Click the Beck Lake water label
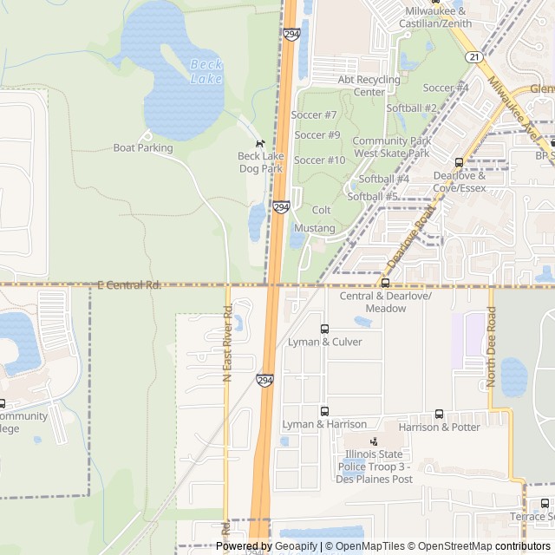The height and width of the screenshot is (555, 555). [206, 71]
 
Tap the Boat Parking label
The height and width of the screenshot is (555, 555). [143, 147]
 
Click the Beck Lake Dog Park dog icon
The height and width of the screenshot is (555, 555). [259, 143]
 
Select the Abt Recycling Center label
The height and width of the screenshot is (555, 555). [369, 85]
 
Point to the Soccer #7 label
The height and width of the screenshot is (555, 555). [314, 114]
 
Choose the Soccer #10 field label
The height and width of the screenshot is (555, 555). [320, 160]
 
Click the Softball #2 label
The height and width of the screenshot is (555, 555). [411, 108]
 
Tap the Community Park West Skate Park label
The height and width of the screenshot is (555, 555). [391, 147]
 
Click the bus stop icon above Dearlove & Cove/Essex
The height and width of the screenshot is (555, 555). [459, 162]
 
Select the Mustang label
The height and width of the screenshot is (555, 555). [314, 228]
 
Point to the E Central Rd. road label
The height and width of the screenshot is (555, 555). [129, 284]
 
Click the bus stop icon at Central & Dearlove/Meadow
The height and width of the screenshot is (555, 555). [385, 283]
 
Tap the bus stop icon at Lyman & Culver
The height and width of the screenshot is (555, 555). [325, 329]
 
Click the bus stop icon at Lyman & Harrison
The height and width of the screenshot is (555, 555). [325, 411]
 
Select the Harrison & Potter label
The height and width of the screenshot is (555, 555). [439, 427]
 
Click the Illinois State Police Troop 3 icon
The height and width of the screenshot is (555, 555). [374, 441]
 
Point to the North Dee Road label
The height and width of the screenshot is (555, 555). [491, 352]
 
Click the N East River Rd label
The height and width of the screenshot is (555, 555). [227, 343]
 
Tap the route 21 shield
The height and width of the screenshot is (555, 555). [473, 56]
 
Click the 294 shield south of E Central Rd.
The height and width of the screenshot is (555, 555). [265, 380]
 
